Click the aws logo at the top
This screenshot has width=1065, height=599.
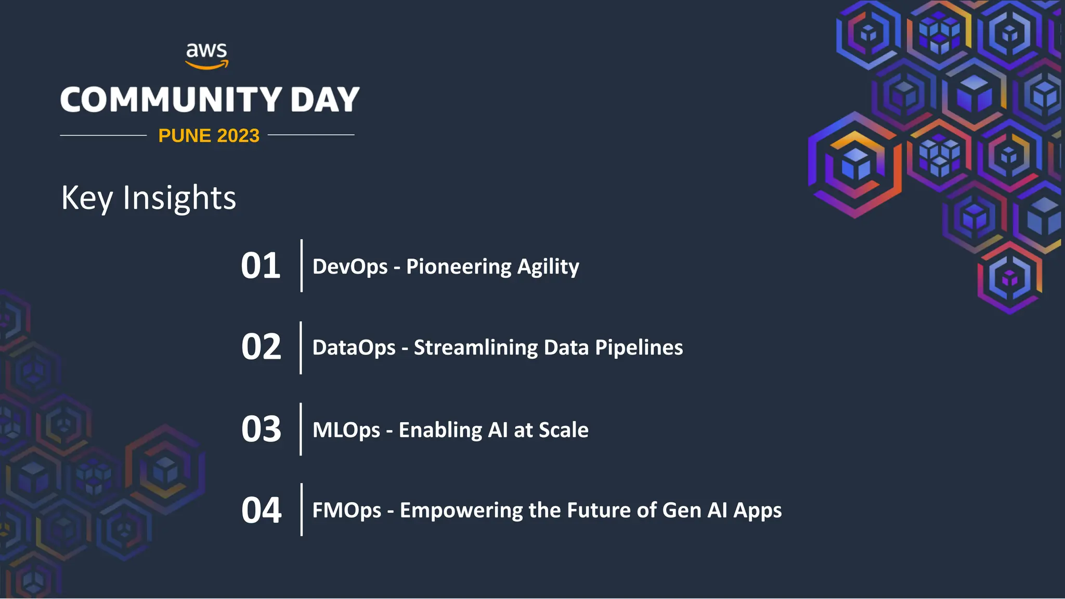tap(207, 55)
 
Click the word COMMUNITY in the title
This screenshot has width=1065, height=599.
tap(171, 99)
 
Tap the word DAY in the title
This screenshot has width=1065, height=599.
tap(325, 99)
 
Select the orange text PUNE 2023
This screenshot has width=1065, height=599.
tap(209, 136)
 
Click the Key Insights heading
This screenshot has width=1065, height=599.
tap(149, 198)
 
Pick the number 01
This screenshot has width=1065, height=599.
tap(261, 266)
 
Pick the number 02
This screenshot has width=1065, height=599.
tap(261, 347)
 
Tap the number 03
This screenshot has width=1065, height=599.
tap(261, 429)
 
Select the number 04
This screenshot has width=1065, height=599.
tap(261, 510)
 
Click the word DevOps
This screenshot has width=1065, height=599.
tap(350, 267)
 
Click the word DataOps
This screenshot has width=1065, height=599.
tap(354, 348)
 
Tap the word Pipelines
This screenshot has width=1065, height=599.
tap(639, 348)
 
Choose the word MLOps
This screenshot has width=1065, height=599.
tap(346, 431)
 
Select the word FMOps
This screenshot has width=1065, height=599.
tap(347, 511)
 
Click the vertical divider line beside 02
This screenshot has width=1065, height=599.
tap(301, 347)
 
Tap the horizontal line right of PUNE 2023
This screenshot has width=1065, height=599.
tap(311, 135)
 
